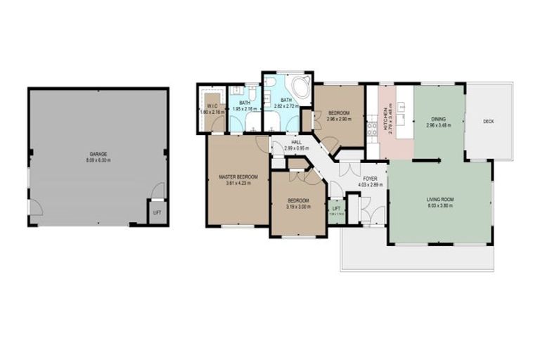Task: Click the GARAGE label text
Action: (x=98, y=153)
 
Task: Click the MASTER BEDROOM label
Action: (x=238, y=176)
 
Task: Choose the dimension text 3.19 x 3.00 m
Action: (x=298, y=206)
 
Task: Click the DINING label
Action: (x=439, y=119)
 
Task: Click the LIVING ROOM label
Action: (x=440, y=200)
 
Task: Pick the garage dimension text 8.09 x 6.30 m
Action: (x=98, y=160)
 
